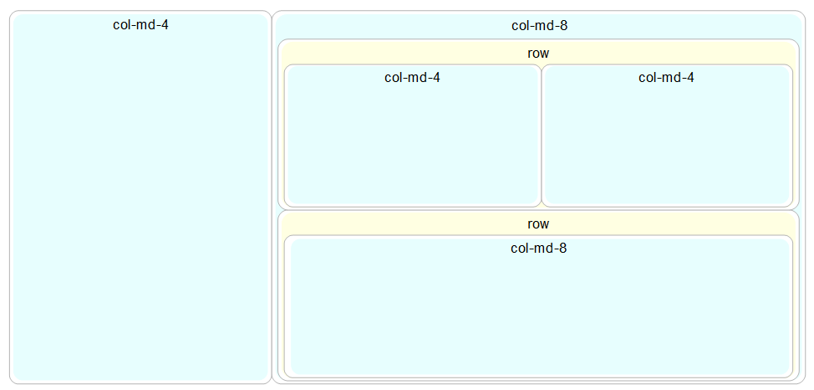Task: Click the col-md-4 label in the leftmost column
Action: (x=140, y=25)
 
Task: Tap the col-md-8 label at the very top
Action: (x=539, y=26)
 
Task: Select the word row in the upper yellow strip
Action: (x=538, y=54)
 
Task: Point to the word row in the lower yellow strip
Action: (x=538, y=224)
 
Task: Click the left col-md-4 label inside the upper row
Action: (x=412, y=78)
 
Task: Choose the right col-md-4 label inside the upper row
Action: (x=666, y=78)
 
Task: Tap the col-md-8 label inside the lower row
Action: (x=538, y=249)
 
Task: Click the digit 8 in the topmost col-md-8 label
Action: (x=563, y=26)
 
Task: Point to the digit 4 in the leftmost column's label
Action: (x=165, y=25)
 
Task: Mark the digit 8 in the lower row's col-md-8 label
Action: (x=563, y=249)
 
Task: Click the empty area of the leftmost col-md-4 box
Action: (x=140, y=209)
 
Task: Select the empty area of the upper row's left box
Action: (x=412, y=146)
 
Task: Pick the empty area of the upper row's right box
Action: (x=666, y=146)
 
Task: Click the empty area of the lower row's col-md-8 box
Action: (x=538, y=318)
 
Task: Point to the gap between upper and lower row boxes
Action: (x=538, y=209)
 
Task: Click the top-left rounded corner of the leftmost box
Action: (x=13, y=14)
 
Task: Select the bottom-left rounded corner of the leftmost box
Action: (x=13, y=381)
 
